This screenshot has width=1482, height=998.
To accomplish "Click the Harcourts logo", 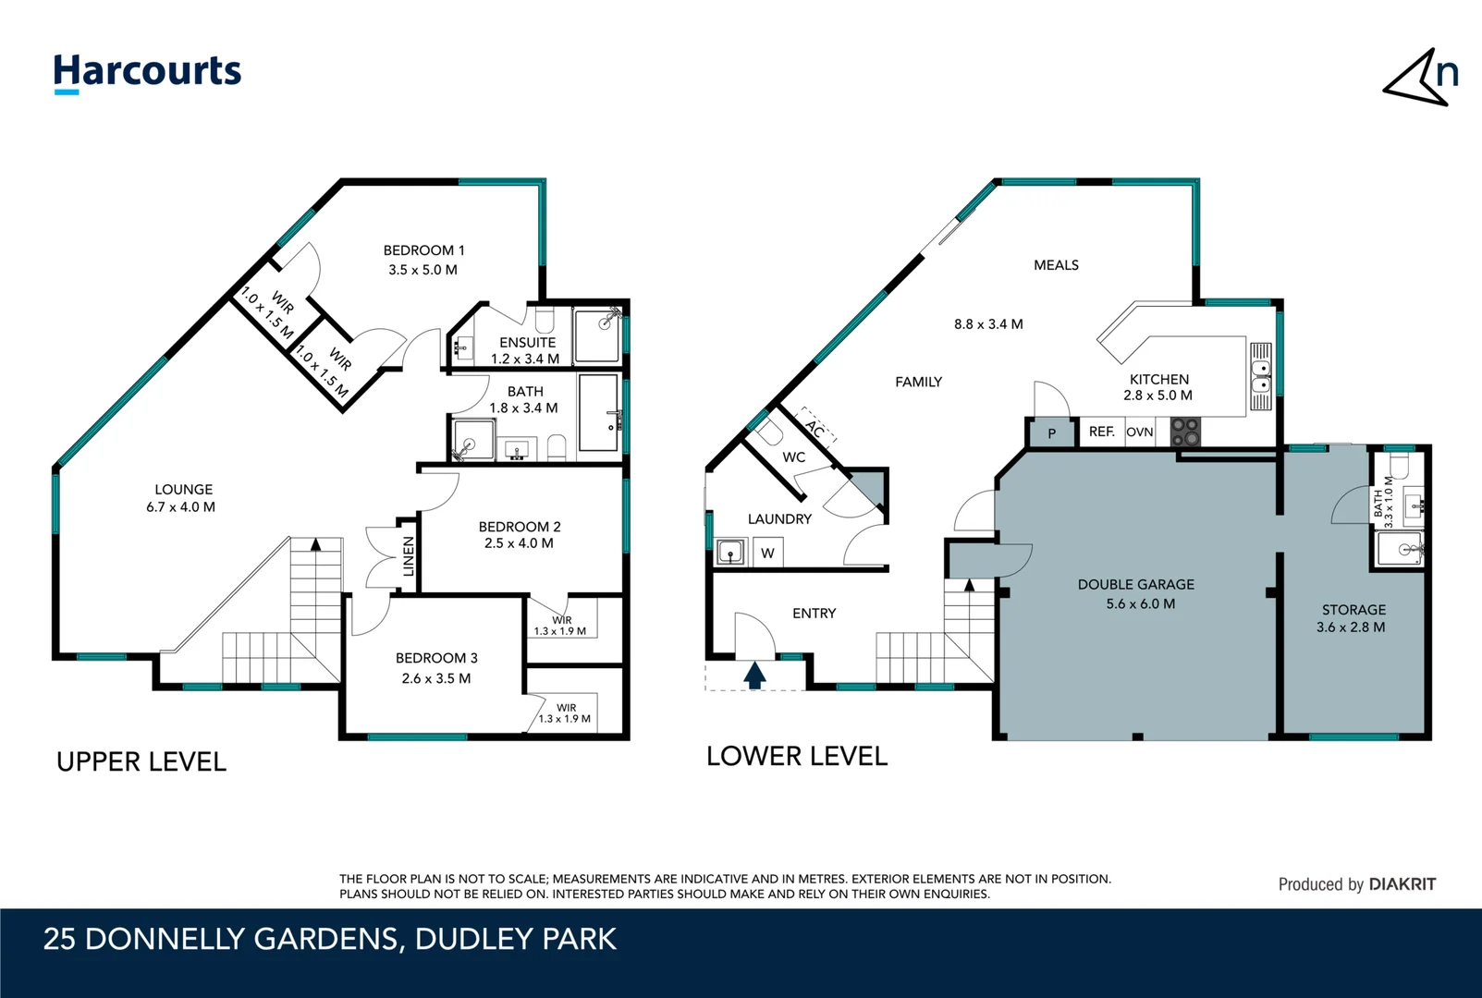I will click(x=147, y=72).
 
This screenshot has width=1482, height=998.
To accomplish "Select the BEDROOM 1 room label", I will click(x=423, y=250).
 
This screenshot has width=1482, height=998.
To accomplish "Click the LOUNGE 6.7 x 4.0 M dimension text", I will click(x=180, y=507).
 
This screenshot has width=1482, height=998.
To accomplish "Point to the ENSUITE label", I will click(x=527, y=342).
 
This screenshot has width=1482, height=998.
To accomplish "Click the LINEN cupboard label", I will click(x=409, y=556).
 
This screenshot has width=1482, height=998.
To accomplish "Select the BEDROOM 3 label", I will click(x=436, y=658).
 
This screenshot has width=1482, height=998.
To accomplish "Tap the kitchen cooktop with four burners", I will click(x=1185, y=432).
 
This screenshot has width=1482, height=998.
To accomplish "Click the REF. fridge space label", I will click(x=1101, y=432).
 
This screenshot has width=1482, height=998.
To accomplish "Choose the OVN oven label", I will click(x=1139, y=432).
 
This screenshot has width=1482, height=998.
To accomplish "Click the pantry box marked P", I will click(x=1051, y=432).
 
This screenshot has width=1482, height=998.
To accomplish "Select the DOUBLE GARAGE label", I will click(x=1135, y=584).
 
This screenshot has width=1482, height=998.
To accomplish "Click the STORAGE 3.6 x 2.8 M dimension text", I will click(x=1351, y=627).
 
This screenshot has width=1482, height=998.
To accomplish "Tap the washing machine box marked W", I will click(x=767, y=554).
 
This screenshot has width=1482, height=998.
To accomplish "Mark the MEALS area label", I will click(x=1056, y=265).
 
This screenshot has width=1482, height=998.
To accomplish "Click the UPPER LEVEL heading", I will click(x=141, y=762).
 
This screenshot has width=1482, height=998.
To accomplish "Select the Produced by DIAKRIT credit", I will click(x=1356, y=884).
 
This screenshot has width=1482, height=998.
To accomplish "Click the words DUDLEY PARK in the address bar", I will click(x=515, y=939).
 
